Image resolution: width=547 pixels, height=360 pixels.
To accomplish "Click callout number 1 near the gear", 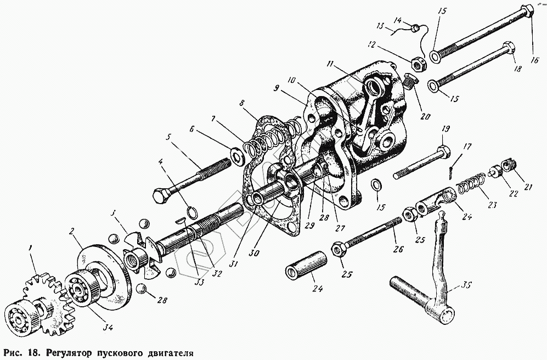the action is pyautogui.click(x=32, y=250).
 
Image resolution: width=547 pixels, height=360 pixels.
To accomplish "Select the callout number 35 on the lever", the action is pyautogui.click(x=467, y=285).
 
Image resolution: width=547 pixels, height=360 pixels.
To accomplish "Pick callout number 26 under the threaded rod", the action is pyautogui.click(x=398, y=249).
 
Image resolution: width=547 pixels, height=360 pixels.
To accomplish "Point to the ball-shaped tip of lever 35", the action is pyautogui.click(x=441, y=222).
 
